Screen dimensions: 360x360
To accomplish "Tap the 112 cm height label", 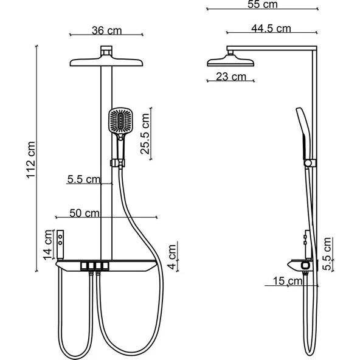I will (31, 161).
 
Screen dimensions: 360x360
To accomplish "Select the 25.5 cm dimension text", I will (145, 134).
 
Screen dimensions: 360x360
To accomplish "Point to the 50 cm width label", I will (84, 213).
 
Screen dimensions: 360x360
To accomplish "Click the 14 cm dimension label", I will (48, 245).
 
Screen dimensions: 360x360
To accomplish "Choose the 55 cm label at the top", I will (263, 5).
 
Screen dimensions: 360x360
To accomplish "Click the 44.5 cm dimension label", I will (270, 28).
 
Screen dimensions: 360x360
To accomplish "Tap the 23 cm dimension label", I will (231, 77).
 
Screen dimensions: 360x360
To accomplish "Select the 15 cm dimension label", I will (287, 281).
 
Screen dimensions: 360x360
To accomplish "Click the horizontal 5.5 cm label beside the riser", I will (83, 179).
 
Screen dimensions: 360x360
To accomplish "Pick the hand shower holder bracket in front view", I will (116, 163).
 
